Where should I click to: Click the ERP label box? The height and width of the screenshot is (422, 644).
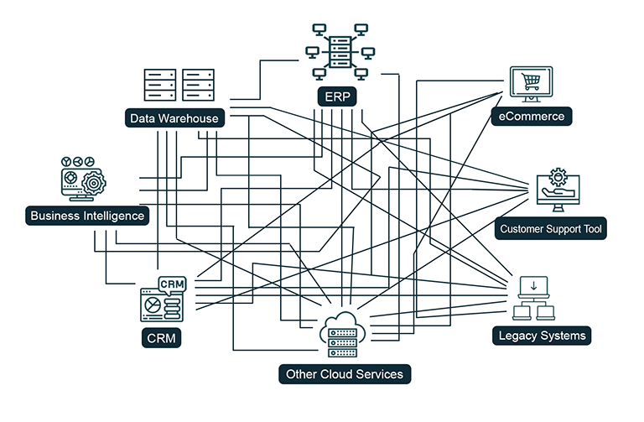point(338,96)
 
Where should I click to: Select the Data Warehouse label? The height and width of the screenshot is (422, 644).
point(174,118)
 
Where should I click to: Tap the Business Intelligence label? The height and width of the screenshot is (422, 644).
point(87,216)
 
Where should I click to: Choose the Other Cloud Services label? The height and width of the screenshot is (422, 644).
point(345,374)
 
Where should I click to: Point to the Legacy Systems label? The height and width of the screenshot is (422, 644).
point(541,336)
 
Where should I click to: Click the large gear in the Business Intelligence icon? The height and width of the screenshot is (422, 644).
point(93,181)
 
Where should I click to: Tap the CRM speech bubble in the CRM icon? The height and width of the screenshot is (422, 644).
point(173,284)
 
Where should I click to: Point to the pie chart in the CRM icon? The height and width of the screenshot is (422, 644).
point(152,304)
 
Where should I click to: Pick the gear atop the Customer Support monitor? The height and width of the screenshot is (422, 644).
point(558,177)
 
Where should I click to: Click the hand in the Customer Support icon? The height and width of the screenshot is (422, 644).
point(553,194)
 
